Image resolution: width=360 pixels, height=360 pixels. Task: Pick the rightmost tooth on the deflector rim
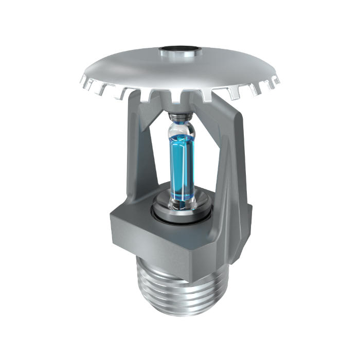(276, 82)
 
